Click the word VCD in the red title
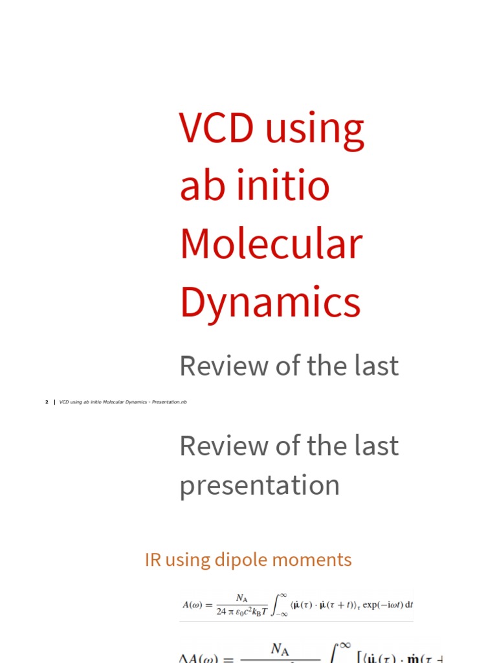pyautogui.click(x=216, y=128)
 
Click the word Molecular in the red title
pyautogui.click(x=271, y=243)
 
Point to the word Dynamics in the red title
pyautogui.click(x=270, y=302)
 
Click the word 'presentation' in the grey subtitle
pyautogui.click(x=260, y=485)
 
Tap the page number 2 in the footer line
pyautogui.click(x=47, y=402)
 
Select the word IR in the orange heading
pyautogui.click(x=153, y=559)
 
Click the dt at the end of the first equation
pyautogui.click(x=408, y=605)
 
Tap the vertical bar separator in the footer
pyautogui.click(x=54, y=402)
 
